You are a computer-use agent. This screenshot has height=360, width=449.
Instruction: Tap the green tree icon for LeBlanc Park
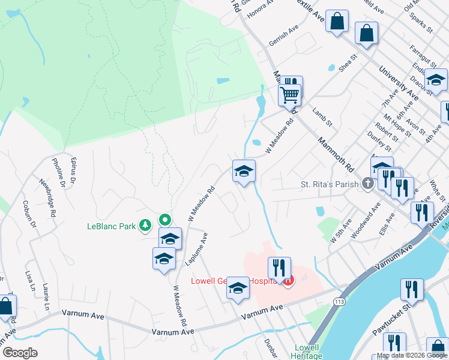[x=145, y=226]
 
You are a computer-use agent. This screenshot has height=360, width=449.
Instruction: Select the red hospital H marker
[x=289, y=280]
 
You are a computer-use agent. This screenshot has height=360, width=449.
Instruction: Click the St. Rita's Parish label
[x=329, y=185]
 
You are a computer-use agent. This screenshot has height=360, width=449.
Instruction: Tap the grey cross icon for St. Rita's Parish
[x=367, y=185]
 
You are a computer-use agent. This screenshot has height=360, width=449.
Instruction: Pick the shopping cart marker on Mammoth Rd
[x=289, y=94]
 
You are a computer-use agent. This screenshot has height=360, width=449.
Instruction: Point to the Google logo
[x=20, y=353]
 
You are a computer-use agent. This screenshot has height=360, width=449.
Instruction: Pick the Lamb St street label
[x=322, y=116]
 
